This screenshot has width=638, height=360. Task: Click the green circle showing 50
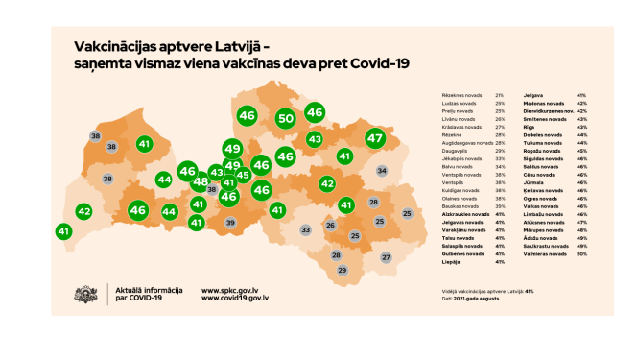(285, 119)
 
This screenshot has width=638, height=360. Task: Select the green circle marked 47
(374, 138)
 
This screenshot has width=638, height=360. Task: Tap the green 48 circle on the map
(201, 181)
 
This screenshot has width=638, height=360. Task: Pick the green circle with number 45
(243, 175)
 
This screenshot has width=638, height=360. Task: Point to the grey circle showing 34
(382, 171)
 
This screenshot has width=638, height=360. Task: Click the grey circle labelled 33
(306, 230)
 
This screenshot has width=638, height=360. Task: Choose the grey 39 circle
(230, 223)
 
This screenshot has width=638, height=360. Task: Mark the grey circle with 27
(386, 257)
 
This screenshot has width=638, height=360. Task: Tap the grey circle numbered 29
(343, 271)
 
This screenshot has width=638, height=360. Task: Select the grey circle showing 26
(330, 226)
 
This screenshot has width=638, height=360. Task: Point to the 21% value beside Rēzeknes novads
(500, 95)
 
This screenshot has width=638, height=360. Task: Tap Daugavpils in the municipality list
(458, 151)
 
